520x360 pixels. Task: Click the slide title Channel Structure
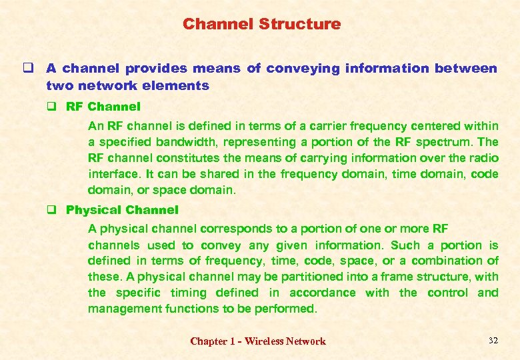coord(261,25)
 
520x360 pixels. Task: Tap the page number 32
coord(493,341)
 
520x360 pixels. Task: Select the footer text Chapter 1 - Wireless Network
coord(258,341)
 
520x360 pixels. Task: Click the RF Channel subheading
coord(103,107)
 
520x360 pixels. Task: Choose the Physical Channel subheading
coord(122,210)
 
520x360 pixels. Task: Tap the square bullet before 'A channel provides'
coord(31,69)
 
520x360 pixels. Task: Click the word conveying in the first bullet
coord(303,69)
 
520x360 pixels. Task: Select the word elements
coord(181,85)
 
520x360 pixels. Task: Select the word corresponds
coord(215,229)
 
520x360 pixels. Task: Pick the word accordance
coord(322,293)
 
